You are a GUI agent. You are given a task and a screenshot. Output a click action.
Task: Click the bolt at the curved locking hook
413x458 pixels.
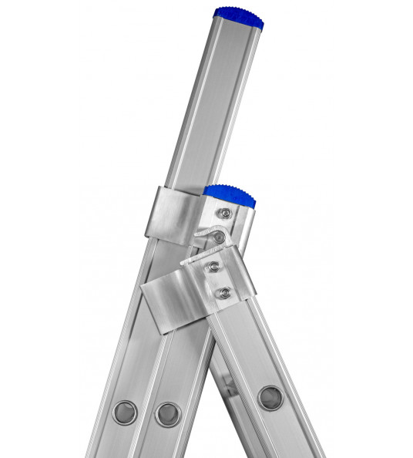220,237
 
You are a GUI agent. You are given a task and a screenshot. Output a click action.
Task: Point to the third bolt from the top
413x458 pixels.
214,267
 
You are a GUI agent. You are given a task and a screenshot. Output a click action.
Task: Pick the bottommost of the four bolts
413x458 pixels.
224,292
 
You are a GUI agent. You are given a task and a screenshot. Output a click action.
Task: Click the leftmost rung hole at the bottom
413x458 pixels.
125,412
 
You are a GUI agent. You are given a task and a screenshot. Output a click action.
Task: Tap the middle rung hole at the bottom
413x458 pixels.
167,414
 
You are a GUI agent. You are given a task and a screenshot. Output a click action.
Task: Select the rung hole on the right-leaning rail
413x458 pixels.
270,398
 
